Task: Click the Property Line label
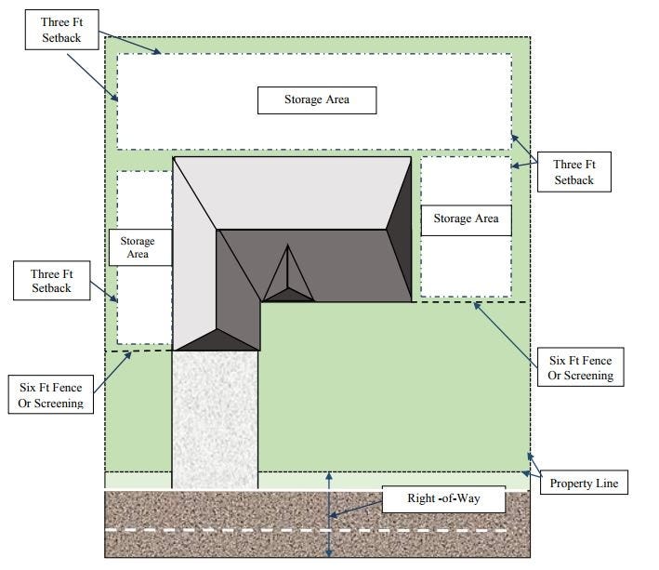(x=583, y=484)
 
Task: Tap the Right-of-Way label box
(x=443, y=500)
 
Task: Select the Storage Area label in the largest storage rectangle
(x=317, y=99)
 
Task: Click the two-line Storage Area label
(x=138, y=247)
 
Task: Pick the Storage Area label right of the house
(x=466, y=219)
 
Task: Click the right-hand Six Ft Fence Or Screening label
(x=581, y=367)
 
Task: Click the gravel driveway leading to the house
(x=215, y=418)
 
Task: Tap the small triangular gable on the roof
(x=287, y=275)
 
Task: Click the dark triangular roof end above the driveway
(x=216, y=338)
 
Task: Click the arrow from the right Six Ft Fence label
(x=507, y=327)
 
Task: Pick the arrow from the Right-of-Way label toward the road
(x=356, y=508)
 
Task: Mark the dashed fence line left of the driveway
(x=139, y=351)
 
